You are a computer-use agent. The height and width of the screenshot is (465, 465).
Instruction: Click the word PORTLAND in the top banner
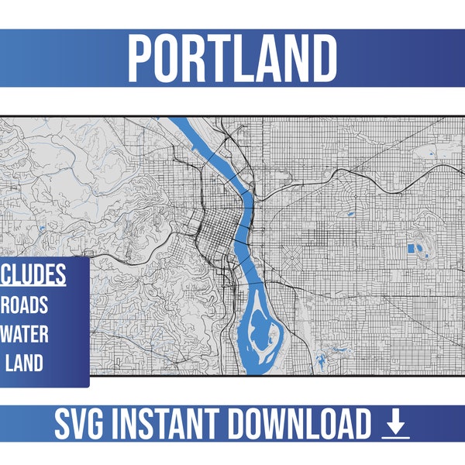232,57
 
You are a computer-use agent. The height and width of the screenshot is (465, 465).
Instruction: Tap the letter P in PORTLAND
141,57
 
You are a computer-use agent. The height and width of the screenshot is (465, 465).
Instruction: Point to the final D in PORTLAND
323,57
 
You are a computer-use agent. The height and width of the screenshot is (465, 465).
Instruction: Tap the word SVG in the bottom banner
80,425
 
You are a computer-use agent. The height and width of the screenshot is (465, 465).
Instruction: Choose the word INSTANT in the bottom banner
164,425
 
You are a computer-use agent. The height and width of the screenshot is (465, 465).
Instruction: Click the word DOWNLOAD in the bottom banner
298,425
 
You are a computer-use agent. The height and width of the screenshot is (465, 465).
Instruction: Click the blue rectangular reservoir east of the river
411,250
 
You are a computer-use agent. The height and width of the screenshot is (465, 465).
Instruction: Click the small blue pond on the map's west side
39,229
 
